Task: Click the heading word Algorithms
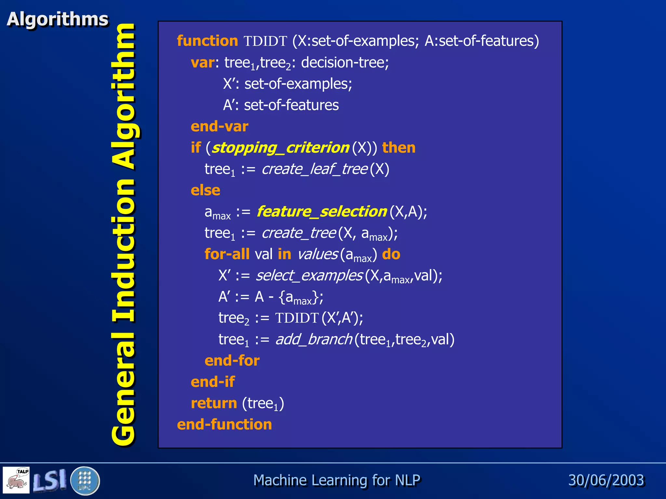[x=58, y=19]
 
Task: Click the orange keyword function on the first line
[x=207, y=41]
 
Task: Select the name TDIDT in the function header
[x=265, y=41]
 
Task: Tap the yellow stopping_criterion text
[x=280, y=148]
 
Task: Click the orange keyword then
[x=399, y=148]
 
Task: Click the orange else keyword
[x=205, y=190]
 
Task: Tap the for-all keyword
[x=227, y=254]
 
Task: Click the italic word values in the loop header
[x=317, y=254]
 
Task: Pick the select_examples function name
[x=309, y=275]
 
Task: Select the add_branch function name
[x=313, y=339]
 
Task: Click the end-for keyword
[x=232, y=361]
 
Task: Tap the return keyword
[x=214, y=403]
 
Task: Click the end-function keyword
[x=224, y=425]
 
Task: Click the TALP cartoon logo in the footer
[x=16, y=480]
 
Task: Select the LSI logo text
[x=50, y=480]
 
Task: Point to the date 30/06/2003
[x=606, y=480]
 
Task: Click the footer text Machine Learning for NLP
[x=337, y=480]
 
